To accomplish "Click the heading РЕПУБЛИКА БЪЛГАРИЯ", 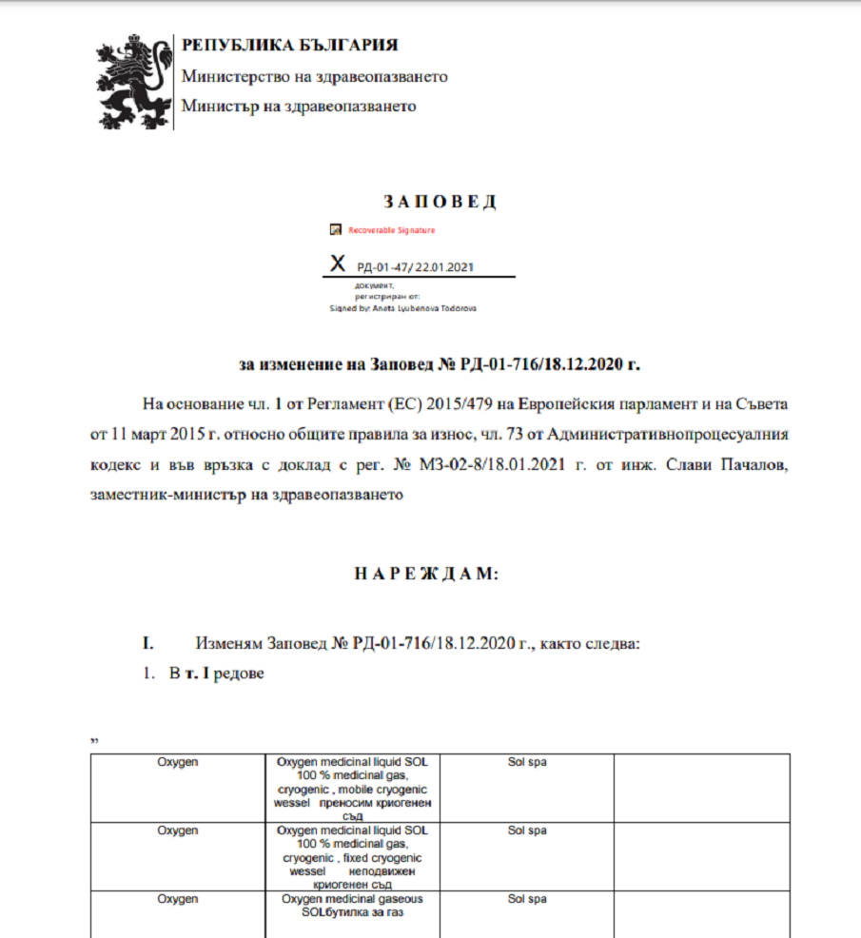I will click(x=289, y=45).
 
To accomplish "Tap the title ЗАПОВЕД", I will click(x=439, y=202).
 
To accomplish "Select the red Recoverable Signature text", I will click(x=391, y=230).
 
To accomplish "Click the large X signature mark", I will click(x=336, y=264).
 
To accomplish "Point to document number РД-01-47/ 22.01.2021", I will click(x=415, y=266).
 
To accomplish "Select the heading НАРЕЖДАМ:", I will click(x=426, y=574).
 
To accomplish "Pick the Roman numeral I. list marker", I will click(x=148, y=643).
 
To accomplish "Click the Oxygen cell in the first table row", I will click(x=178, y=762).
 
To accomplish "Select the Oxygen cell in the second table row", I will click(x=178, y=830).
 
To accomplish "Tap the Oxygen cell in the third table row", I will click(x=178, y=898).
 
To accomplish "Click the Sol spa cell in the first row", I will click(x=527, y=762).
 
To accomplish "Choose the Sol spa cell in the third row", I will click(x=527, y=898).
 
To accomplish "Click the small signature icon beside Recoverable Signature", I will click(x=335, y=230).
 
